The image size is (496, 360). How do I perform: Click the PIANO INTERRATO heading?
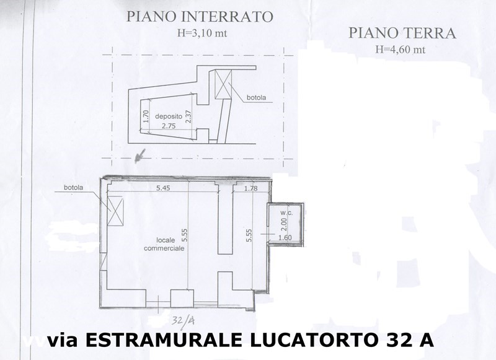(x=200, y=17)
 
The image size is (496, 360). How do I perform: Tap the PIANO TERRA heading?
(x=402, y=33)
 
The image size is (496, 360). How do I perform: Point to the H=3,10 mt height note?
(x=202, y=33)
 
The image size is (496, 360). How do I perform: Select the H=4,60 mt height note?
(x=401, y=50)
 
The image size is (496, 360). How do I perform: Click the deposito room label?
(x=169, y=116)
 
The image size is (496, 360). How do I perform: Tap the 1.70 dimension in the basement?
(x=146, y=116)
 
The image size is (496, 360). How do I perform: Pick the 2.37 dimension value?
(x=189, y=116)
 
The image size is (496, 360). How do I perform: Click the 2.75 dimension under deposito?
(x=169, y=126)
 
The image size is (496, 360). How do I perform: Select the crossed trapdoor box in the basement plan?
(x=223, y=84)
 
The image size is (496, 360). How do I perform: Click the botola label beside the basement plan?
(x=256, y=97)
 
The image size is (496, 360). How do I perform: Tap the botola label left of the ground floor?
(x=73, y=187)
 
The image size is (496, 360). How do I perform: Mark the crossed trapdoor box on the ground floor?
(x=115, y=211)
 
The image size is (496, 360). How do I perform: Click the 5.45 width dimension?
(x=163, y=188)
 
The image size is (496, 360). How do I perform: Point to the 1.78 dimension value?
(x=251, y=188)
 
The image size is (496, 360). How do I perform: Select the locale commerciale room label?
(x=164, y=244)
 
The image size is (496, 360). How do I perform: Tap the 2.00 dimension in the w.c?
(x=284, y=224)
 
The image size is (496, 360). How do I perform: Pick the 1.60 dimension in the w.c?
(x=285, y=237)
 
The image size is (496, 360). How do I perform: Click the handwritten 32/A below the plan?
(x=184, y=320)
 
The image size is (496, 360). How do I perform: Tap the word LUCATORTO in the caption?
(x=314, y=340)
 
